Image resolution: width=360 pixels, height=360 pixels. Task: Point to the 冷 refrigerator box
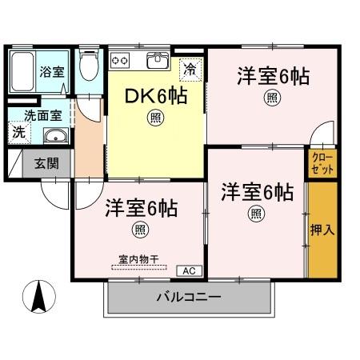[x=190, y=69]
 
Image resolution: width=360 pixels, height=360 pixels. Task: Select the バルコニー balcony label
[x=189, y=298]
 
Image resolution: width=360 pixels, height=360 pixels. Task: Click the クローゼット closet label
[x=322, y=164]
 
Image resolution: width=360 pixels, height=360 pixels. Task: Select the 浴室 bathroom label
[x=51, y=71]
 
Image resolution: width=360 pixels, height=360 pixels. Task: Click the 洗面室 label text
[x=40, y=114]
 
